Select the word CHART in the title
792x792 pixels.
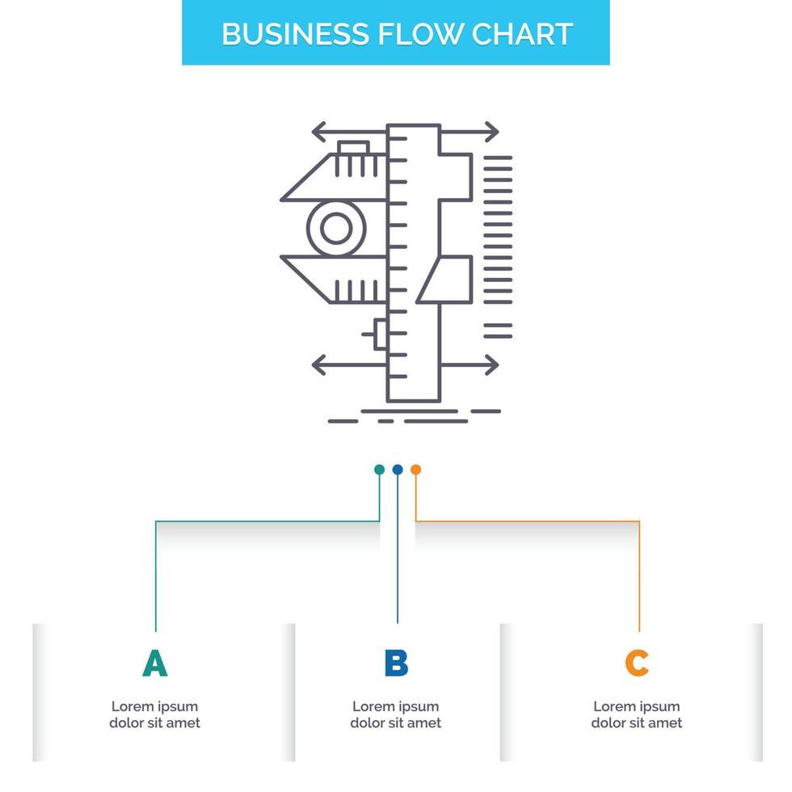pyautogui.click(x=523, y=34)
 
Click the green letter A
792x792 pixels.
pyautogui.click(x=154, y=664)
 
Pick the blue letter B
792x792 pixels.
pyautogui.click(x=396, y=664)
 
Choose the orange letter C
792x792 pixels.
pyautogui.click(x=637, y=664)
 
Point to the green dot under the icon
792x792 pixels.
pyautogui.click(x=379, y=470)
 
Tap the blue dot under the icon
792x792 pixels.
pyautogui.click(x=397, y=470)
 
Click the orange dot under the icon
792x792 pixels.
pyautogui.click(x=415, y=470)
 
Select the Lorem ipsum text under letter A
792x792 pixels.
pyautogui.click(x=154, y=715)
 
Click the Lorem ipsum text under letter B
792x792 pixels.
pyautogui.click(x=396, y=715)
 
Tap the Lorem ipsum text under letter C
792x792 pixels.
pyautogui.click(x=637, y=715)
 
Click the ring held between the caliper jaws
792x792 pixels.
pyautogui.click(x=335, y=229)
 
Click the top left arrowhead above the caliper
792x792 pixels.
pyautogui.click(x=318, y=131)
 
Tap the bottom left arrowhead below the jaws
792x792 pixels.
pyautogui.click(x=318, y=364)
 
